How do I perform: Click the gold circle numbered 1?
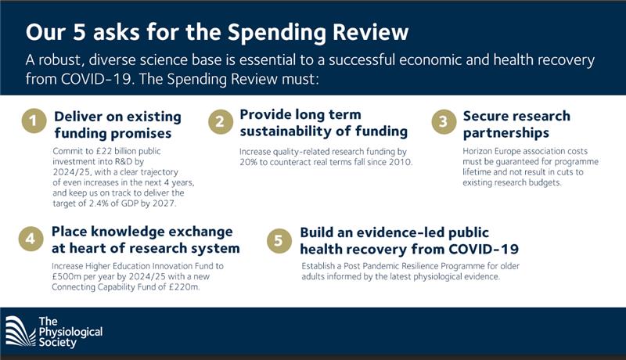point(34,121)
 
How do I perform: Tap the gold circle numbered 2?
point(221,121)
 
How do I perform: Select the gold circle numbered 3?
point(444,121)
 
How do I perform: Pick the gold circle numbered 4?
point(31,239)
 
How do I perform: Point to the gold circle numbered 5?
point(279,241)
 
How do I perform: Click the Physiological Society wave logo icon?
point(20,331)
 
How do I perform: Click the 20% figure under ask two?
point(248,162)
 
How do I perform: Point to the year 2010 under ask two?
point(401,162)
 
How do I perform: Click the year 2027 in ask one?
point(164,203)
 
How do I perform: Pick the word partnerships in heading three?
point(505,133)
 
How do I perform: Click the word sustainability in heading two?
point(295,131)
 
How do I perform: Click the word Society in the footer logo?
point(57,343)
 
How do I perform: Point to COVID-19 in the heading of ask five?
point(484,249)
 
